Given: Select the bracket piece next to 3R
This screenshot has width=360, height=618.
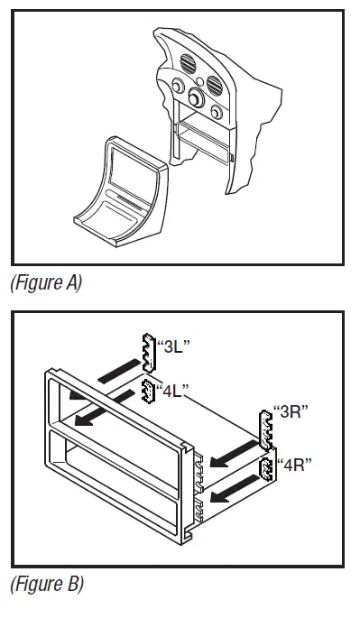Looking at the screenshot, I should (265, 429).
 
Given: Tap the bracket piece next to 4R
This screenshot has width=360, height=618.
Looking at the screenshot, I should (268, 470).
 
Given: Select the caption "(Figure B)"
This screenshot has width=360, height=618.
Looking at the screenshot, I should (46, 584).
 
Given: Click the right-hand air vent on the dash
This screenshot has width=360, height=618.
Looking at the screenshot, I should (216, 88).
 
